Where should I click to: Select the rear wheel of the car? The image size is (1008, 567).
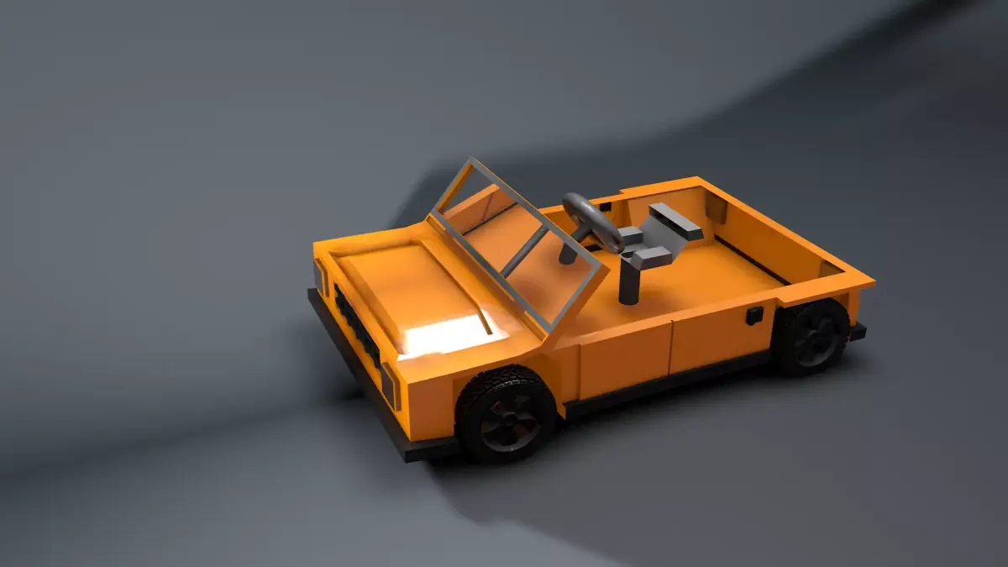pyautogui.click(x=811, y=337)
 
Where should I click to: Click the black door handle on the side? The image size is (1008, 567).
pyautogui.click(x=754, y=315)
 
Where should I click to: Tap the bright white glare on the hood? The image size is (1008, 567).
pyautogui.click(x=445, y=335)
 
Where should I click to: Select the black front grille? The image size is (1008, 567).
pyautogui.click(x=356, y=327)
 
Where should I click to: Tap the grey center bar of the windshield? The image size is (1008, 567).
pyautogui.click(x=524, y=253)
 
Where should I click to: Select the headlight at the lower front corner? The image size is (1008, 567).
pyautogui.click(x=389, y=386)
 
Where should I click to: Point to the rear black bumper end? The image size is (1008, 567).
pyautogui.click(x=857, y=331)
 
